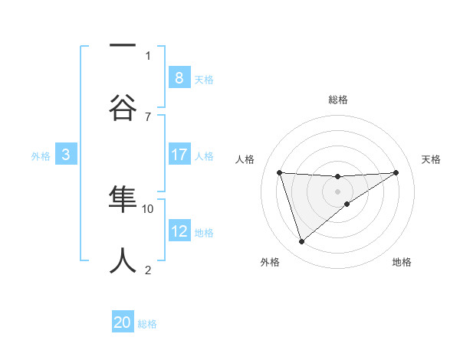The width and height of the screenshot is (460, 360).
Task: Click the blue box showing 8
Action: pos(179,77)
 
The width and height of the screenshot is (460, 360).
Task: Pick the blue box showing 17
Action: pos(179,155)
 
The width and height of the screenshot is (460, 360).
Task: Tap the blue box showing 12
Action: pos(179,231)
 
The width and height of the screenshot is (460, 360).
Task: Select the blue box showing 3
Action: pos(66,155)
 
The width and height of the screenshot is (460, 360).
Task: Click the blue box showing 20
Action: pos(123,322)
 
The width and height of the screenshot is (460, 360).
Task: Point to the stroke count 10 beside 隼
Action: pos(149,208)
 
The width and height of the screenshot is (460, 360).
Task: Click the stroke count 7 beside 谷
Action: pos(148,116)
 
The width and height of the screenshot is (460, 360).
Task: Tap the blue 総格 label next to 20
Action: pos(147,324)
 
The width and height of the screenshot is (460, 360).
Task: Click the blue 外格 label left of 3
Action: pos(41,156)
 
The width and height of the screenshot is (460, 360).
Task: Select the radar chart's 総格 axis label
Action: pos(338,100)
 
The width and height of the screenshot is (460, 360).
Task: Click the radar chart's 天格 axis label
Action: pos(432,159)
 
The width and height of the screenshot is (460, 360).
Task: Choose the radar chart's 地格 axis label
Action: pos(402,262)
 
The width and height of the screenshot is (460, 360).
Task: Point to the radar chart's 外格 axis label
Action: pos(270,262)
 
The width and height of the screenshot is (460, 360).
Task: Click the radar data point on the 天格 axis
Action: pos(396,172)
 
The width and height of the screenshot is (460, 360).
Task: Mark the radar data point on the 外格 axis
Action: pos(301,242)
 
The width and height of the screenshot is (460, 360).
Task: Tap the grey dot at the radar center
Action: pos(337,191)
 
